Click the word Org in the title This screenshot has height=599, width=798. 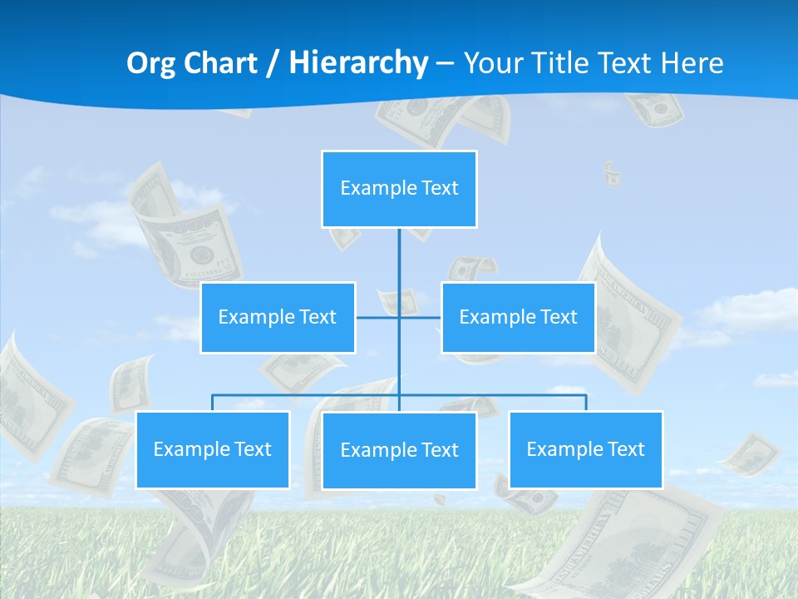[x=150, y=63]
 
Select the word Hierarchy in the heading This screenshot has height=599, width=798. [x=357, y=63]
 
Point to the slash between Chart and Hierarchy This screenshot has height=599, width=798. [x=273, y=63]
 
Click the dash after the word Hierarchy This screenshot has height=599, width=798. [x=445, y=63]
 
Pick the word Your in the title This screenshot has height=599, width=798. [x=490, y=63]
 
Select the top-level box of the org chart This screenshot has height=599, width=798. [x=399, y=189]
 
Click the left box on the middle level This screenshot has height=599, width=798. [x=278, y=317]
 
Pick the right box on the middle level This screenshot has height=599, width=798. [x=518, y=317]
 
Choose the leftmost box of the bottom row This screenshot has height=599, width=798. [x=213, y=449]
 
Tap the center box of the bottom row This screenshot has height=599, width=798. [x=399, y=450]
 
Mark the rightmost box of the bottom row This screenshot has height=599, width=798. [x=585, y=449]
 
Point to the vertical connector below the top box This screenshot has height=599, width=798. [x=399, y=258]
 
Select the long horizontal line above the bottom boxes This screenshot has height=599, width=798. [x=308, y=395]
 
